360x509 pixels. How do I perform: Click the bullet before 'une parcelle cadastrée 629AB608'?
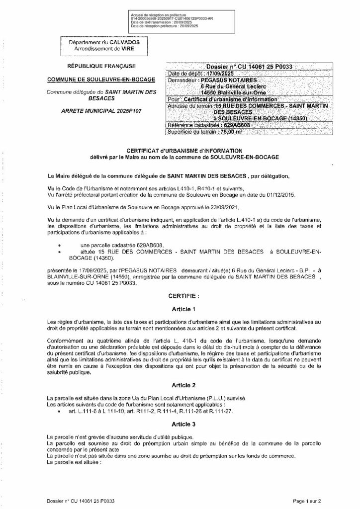tap(60, 246)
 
